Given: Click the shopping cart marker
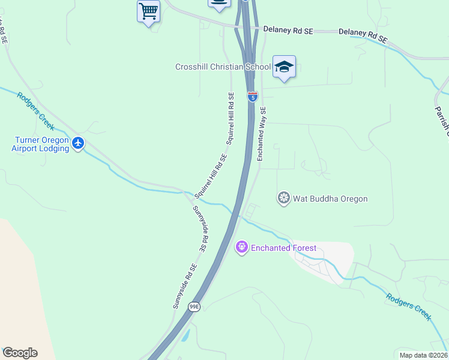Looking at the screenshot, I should [x=148, y=11].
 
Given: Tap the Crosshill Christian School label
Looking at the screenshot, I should [x=223, y=67].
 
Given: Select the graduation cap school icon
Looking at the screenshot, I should [x=284, y=67].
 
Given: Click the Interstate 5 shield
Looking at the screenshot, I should [x=253, y=97].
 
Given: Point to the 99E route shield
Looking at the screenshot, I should [x=193, y=307].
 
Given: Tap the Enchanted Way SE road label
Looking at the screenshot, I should [x=262, y=134].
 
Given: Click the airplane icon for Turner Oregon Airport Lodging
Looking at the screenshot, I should [x=77, y=143].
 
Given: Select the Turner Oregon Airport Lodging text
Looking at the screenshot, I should [x=40, y=144].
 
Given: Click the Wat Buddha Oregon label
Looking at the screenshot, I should [x=330, y=199].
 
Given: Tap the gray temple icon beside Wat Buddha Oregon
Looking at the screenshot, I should [x=284, y=198].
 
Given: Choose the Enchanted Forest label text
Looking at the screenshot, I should [x=283, y=248].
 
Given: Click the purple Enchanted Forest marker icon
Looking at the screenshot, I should [x=242, y=247].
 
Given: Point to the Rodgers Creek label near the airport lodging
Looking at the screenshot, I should [x=35, y=111].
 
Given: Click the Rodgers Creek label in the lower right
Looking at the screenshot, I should [x=409, y=307].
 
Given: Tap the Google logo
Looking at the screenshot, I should [x=20, y=353].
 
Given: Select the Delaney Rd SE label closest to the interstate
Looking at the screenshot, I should [x=288, y=29].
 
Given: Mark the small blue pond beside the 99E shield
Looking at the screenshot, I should [x=185, y=336].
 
